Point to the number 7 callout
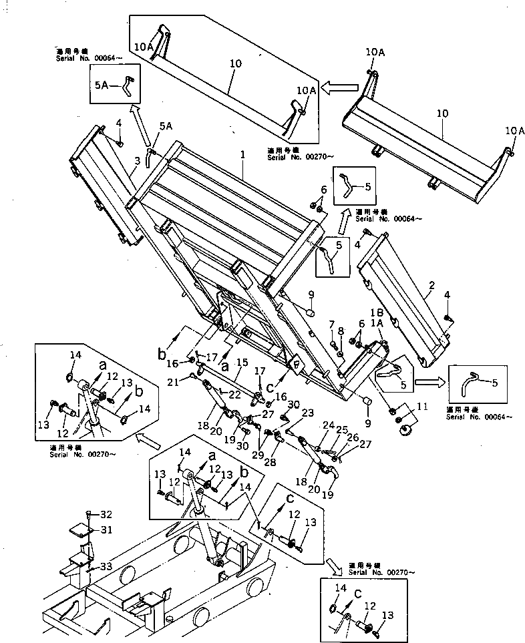(x=331, y=325)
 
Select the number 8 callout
(x=341, y=330)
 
